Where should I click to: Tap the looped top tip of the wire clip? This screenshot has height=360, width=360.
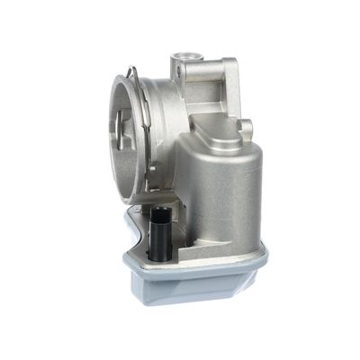[x=132, y=72]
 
